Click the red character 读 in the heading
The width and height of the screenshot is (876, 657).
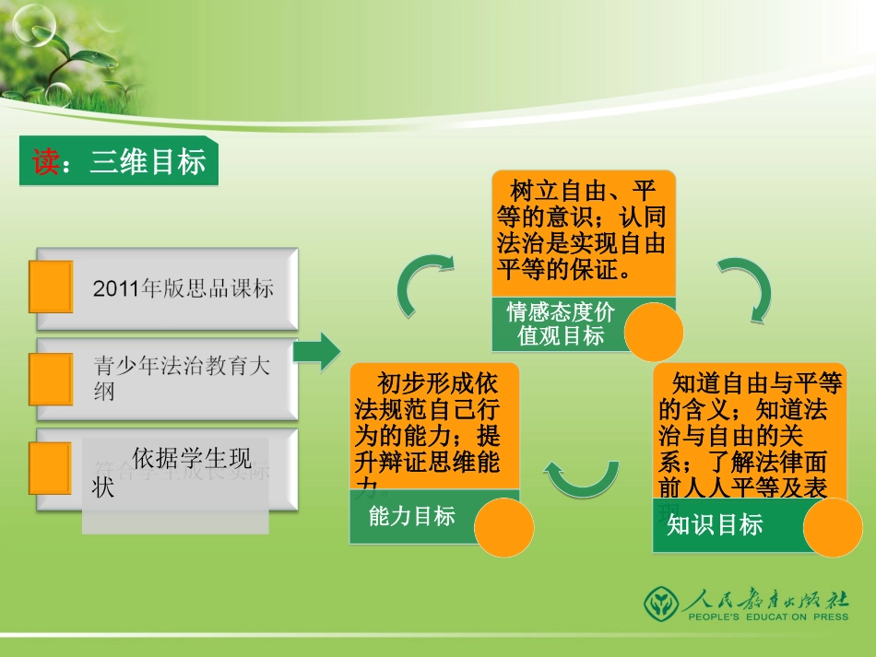(x=46, y=162)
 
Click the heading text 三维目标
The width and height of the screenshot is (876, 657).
(x=148, y=162)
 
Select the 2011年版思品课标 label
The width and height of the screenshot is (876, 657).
(x=183, y=287)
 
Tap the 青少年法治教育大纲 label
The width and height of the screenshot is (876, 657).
(x=182, y=378)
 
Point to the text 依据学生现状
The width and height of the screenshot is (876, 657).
(x=175, y=471)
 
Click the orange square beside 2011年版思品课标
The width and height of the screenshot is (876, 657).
(x=51, y=287)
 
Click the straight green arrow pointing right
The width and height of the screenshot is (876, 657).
(x=317, y=352)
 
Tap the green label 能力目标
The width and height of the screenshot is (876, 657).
(x=412, y=516)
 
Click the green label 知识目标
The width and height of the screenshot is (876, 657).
(x=716, y=525)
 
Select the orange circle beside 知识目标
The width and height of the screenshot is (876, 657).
(x=833, y=528)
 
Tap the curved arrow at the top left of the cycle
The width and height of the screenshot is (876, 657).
(x=425, y=286)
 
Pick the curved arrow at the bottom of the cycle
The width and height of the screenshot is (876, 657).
(x=582, y=475)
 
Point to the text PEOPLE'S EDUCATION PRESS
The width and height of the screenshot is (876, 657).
(x=766, y=617)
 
